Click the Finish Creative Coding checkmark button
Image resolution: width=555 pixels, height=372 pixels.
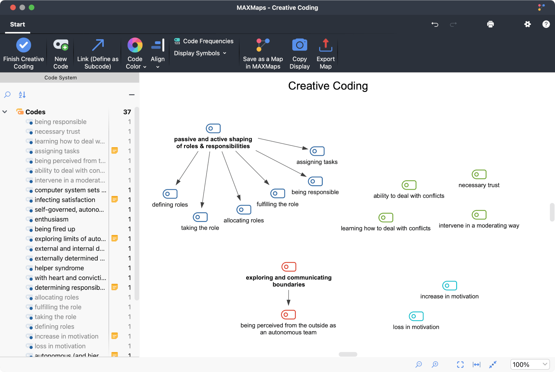click(x=24, y=45)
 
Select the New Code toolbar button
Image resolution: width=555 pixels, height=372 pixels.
click(x=61, y=45)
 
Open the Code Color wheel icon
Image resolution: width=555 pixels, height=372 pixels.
click(x=135, y=45)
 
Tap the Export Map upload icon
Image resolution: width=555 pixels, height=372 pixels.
click(x=326, y=45)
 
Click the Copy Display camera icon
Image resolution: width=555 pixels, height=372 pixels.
click(x=299, y=45)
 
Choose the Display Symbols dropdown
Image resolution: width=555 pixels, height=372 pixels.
click(x=200, y=53)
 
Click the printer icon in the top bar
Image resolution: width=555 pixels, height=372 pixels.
click(x=490, y=24)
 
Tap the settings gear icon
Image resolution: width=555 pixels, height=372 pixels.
click(x=527, y=24)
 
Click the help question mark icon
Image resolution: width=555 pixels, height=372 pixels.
click(x=546, y=24)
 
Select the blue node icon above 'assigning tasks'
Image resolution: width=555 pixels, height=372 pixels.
click(x=317, y=151)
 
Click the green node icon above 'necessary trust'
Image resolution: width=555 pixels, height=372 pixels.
click(x=479, y=174)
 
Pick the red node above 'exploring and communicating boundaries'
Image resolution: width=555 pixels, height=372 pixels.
click(x=289, y=267)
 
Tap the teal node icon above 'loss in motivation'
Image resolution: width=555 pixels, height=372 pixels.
click(x=416, y=316)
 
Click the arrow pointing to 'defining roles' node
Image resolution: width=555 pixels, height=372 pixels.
click(x=187, y=168)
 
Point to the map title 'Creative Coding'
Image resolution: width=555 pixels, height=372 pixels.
click(x=328, y=86)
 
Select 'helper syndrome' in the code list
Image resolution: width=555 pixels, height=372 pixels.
click(x=59, y=268)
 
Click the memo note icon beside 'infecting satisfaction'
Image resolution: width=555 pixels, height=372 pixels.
click(x=115, y=199)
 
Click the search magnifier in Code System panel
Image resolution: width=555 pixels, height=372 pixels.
click(x=7, y=95)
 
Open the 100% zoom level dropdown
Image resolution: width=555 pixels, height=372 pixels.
click(x=529, y=364)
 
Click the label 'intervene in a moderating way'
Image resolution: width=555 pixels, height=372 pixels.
click(x=479, y=226)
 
